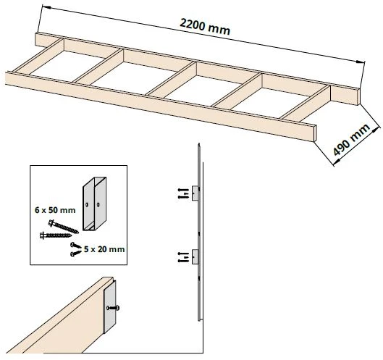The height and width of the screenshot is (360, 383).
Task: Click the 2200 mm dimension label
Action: (205, 27)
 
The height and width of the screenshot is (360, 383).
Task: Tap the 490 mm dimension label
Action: (351, 140)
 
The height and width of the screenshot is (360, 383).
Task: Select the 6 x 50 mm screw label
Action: (55, 210)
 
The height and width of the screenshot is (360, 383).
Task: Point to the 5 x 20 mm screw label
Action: (104, 249)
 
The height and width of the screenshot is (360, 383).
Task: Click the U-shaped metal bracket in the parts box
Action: (95, 204)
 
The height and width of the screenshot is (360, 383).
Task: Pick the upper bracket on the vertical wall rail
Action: (195, 193)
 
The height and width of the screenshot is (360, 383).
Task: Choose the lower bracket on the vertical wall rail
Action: (195, 256)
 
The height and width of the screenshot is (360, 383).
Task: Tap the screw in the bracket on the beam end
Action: (113, 308)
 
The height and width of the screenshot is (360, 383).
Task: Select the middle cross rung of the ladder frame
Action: (171, 79)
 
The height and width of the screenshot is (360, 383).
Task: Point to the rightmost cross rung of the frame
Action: (306, 103)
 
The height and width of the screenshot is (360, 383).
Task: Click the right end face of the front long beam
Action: (315, 133)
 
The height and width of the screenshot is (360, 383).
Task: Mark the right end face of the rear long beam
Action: (359, 97)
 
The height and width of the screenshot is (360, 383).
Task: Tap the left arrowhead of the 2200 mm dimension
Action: (46, 7)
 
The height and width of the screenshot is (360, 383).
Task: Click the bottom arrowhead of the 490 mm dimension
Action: (337, 162)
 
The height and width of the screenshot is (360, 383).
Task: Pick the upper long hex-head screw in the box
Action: (64, 227)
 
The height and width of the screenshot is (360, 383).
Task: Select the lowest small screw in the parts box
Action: (76, 254)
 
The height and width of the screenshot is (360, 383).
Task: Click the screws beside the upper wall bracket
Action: (183, 193)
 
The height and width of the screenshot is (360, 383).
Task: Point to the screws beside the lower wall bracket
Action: (183, 257)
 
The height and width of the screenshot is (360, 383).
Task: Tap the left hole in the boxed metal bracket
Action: (87, 205)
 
